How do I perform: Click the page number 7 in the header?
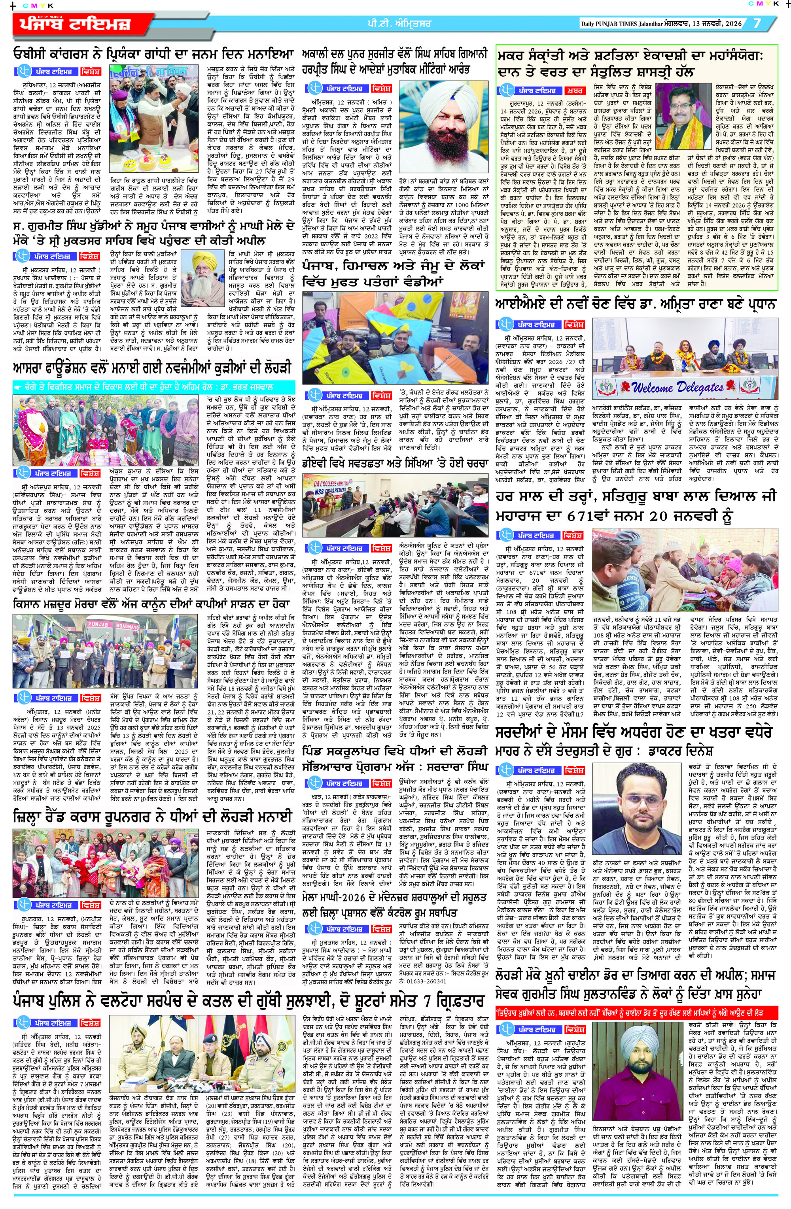click(x=757, y=23)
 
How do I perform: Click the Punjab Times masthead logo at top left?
click(x=76, y=24)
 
